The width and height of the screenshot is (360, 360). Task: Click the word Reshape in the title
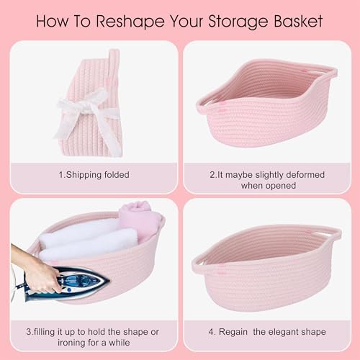pos(130,22)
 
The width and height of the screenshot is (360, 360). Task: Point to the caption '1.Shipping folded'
pos(94,175)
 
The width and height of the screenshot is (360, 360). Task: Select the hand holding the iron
pos(36,266)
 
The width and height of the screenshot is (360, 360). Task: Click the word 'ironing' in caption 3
pos(71,343)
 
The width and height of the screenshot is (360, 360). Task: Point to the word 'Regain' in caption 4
pos(233,332)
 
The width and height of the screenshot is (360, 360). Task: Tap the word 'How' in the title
pos(53,21)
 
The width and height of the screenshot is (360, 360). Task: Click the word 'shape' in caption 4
pos(313,332)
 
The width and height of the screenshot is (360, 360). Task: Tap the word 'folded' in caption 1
pos(116,174)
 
